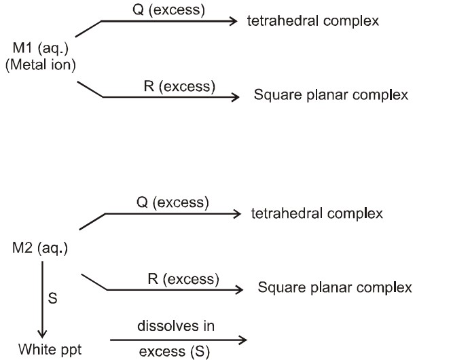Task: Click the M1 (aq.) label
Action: (x=39, y=49)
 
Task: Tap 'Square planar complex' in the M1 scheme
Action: (x=331, y=96)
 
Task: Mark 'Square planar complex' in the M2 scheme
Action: (x=334, y=288)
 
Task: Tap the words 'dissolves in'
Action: (x=176, y=327)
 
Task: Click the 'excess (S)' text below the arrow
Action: (x=176, y=351)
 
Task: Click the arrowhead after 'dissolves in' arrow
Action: (x=236, y=338)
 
